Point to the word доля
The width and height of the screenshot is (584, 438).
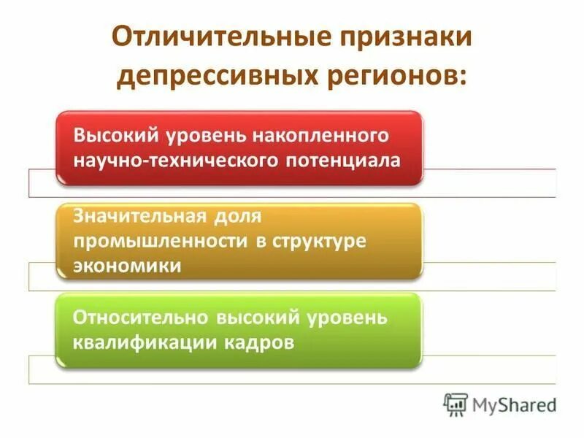pyautogui.click(x=236, y=217)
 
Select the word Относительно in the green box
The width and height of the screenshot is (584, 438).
pyautogui.click(x=140, y=319)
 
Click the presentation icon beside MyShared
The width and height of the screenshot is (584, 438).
pyautogui.click(x=456, y=404)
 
